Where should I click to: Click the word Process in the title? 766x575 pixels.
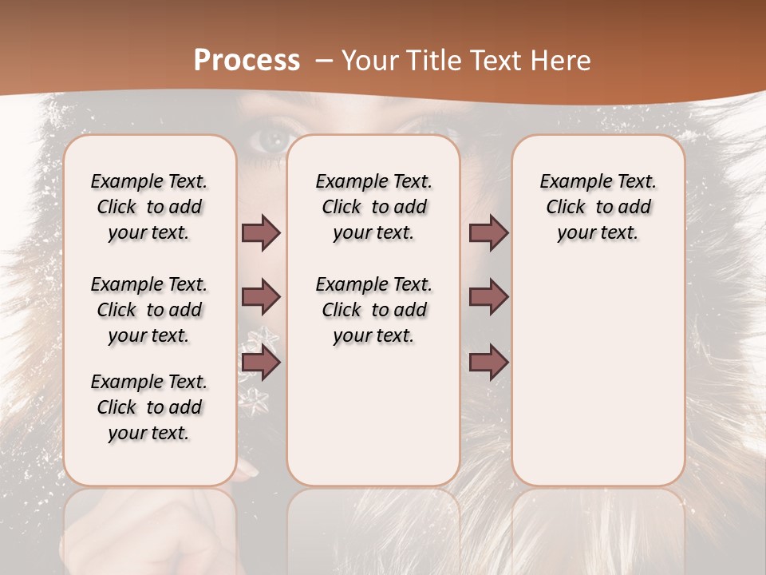coord(247,61)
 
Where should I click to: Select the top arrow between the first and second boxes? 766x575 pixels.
coord(261,233)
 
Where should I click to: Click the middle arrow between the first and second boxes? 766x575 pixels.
coord(261,298)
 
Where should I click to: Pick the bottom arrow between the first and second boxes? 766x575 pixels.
coord(261,363)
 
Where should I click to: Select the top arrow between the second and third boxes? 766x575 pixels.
coord(488,233)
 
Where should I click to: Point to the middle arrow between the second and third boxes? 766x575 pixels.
coord(488,298)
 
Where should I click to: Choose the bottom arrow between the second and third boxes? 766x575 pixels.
coord(488,363)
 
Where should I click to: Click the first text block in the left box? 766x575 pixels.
coord(149,208)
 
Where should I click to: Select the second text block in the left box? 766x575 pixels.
coord(149,310)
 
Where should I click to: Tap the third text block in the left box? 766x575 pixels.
coord(149,407)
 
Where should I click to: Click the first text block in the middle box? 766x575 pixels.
coord(374,208)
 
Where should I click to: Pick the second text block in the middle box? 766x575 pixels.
coord(374,310)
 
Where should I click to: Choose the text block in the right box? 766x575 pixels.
coord(598,208)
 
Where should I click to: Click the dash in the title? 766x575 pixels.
coord(324,61)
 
